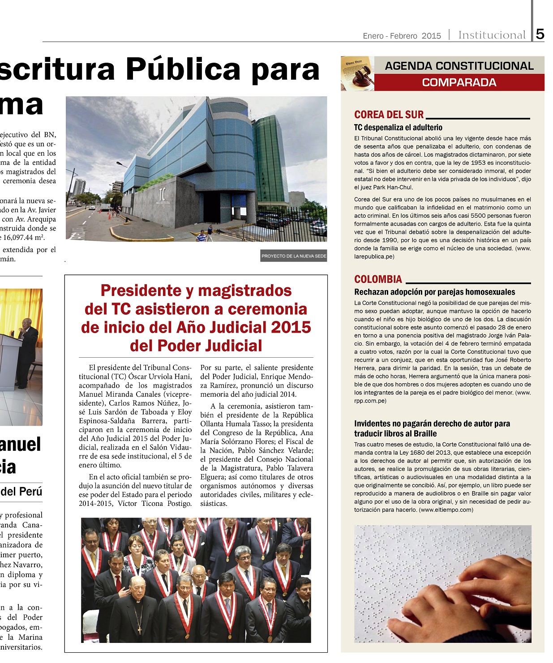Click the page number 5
(540, 34)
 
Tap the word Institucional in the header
(492, 35)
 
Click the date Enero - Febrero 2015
(402, 36)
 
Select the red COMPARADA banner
(459, 82)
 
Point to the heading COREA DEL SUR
(389, 115)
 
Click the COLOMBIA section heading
(378, 279)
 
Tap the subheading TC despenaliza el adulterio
(398, 128)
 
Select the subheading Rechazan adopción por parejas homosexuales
(434, 292)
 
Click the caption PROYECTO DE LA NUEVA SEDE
(294, 256)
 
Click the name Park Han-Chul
(390, 188)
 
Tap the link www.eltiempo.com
(446, 509)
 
